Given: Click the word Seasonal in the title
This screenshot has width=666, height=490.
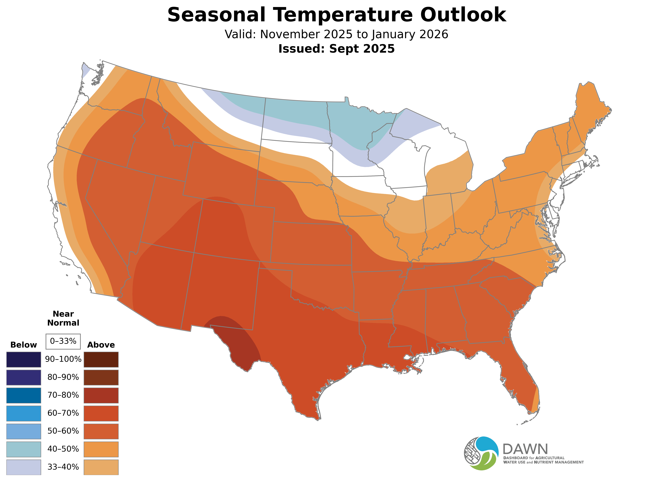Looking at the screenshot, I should [x=216, y=15].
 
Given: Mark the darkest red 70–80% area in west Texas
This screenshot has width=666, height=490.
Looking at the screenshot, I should [x=234, y=338].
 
